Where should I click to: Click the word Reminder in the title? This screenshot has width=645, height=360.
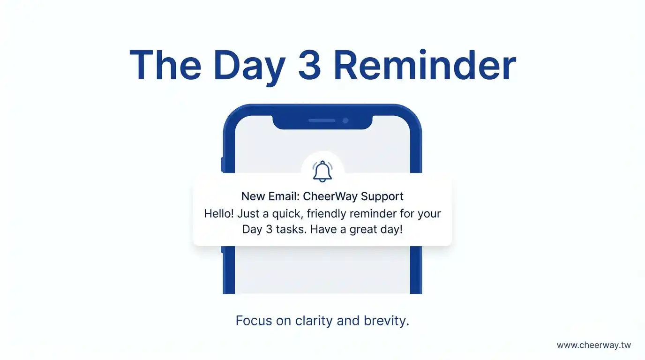[425, 65]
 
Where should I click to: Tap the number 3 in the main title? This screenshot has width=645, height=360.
[309, 65]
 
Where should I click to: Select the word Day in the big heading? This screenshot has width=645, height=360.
[249, 67]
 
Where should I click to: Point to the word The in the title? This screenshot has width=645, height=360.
[165, 65]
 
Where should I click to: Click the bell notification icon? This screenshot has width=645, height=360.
[322, 172]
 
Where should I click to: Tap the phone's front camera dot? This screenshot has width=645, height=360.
[345, 120]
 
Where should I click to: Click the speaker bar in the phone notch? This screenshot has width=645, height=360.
[322, 120]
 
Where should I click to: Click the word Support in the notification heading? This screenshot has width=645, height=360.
[382, 197]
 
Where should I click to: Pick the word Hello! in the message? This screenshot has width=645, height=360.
[219, 214]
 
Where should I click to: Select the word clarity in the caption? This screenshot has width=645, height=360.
[314, 321]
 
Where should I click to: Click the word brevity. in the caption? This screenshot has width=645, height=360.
[386, 321]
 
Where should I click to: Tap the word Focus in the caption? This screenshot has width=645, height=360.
[254, 321]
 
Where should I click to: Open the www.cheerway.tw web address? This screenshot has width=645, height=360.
[594, 345]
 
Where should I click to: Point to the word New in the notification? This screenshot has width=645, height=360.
[254, 196]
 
